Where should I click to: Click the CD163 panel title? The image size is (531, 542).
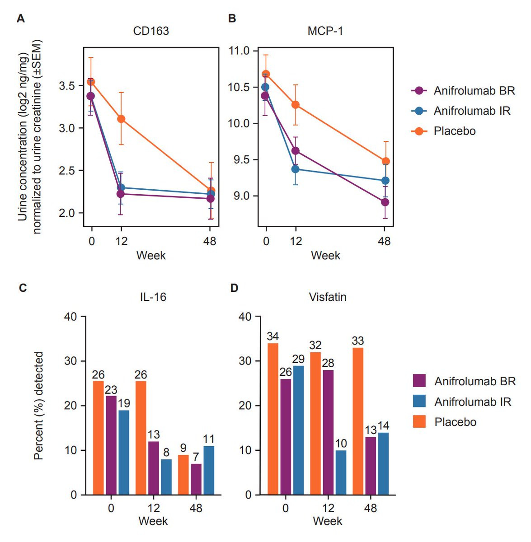(151, 31)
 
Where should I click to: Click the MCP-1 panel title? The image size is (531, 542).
(325, 31)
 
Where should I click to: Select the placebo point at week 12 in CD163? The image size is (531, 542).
(121, 119)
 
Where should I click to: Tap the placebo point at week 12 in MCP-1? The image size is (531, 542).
(295, 104)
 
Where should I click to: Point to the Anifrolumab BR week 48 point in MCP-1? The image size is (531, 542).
(385, 202)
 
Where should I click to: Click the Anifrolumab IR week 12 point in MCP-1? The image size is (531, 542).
(295, 169)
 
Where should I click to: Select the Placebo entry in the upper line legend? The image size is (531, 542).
(454, 131)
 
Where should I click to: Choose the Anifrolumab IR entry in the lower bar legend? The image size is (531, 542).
(472, 402)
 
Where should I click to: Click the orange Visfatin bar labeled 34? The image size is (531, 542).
(273, 419)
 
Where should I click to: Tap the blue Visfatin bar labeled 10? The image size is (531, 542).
(341, 472)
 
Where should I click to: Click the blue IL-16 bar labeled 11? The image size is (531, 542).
(209, 470)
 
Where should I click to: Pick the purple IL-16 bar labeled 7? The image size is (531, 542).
(196, 479)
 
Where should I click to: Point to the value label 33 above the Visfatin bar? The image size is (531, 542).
(357, 341)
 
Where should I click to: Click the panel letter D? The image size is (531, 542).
(234, 288)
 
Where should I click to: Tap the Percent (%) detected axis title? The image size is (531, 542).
(39, 405)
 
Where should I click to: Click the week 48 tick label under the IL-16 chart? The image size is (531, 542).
(196, 508)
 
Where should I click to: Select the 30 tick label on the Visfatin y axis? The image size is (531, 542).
(244, 361)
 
